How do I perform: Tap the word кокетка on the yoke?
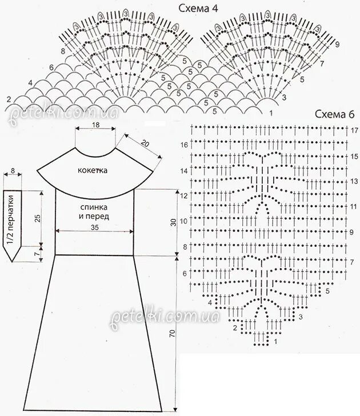click(95, 170)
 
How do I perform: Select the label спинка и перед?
click(95, 211)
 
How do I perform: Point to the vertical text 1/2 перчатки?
click(10, 218)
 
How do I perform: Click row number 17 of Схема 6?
click(354, 130)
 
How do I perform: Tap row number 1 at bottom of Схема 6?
click(277, 341)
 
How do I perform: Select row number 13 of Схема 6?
click(354, 181)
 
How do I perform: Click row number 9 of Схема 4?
click(337, 45)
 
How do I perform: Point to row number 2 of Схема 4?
click(8, 99)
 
